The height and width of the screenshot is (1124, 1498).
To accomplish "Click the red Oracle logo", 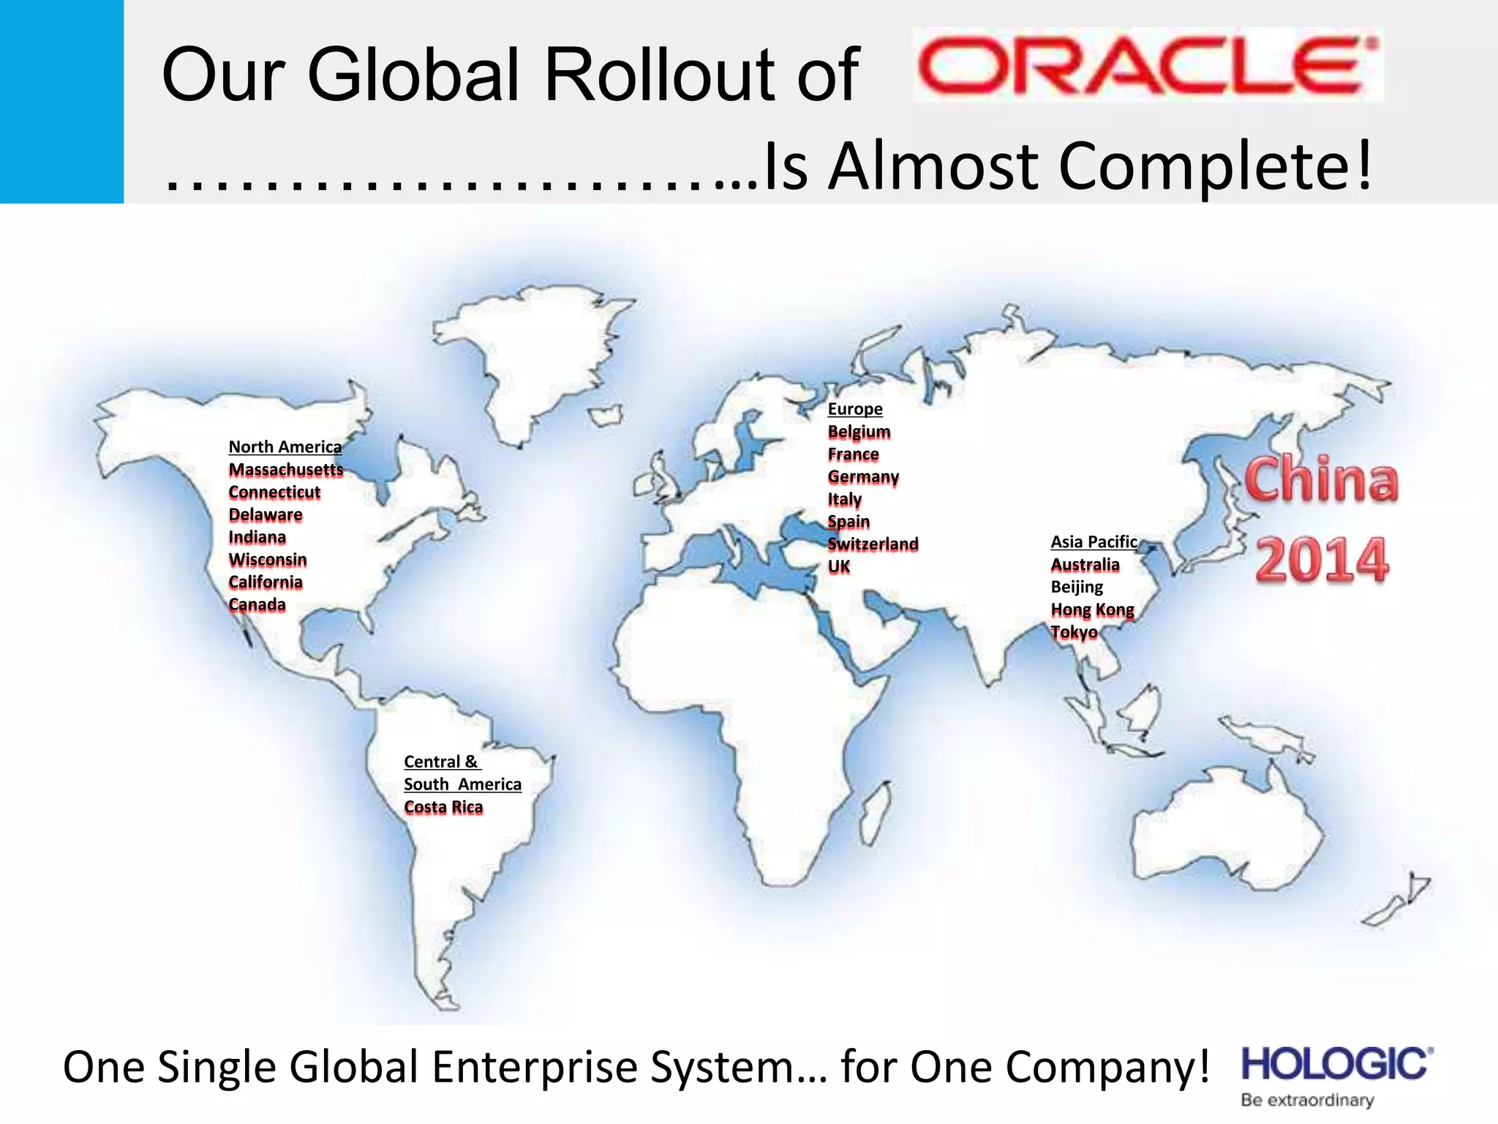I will [x=1147, y=66].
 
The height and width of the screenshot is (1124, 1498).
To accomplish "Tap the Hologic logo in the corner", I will [x=1336, y=1065].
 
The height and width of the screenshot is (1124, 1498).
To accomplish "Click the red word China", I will [x=1321, y=480].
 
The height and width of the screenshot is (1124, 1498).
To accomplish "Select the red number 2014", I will [x=1321, y=560].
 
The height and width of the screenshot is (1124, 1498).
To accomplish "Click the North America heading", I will [x=285, y=447].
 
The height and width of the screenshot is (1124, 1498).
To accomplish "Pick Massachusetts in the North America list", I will [x=285, y=470].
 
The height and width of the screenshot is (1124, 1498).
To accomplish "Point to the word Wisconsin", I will [x=267, y=560].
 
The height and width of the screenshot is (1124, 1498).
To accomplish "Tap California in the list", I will [x=265, y=582].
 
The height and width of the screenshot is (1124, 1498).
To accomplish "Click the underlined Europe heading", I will [x=854, y=409].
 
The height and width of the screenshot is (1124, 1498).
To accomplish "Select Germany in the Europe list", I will [x=862, y=477].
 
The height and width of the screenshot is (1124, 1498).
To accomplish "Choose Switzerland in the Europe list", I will [x=872, y=544].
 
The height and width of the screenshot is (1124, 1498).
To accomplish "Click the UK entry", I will [x=838, y=567].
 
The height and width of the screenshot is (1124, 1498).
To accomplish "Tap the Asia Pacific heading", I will [x=1094, y=542].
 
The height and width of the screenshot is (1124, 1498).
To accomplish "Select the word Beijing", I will [x=1076, y=587].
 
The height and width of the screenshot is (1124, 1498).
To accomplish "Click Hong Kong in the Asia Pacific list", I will [x=1091, y=610].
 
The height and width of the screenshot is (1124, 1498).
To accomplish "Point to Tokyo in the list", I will [x=1073, y=632].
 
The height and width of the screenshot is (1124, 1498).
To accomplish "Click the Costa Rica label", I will [x=443, y=807].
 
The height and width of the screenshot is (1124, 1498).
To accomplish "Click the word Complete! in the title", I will [x=1215, y=167].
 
